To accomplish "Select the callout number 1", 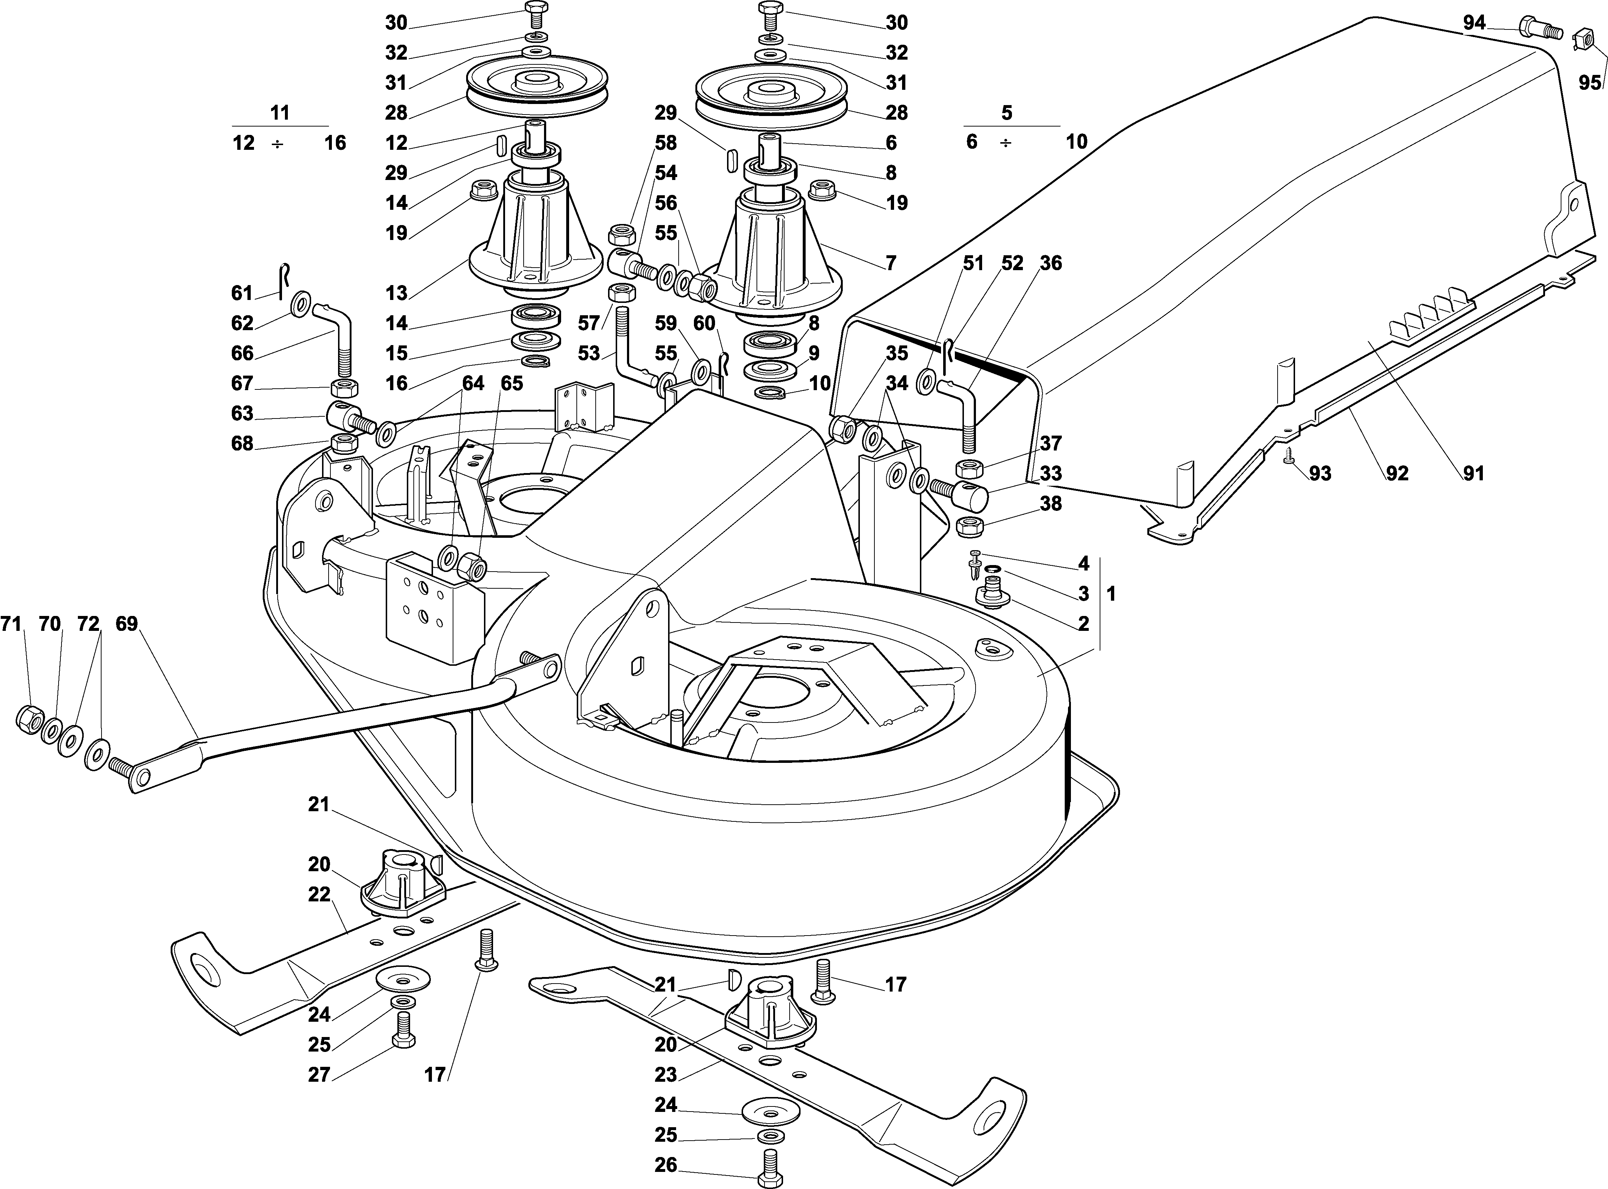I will tap(1111, 594).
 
